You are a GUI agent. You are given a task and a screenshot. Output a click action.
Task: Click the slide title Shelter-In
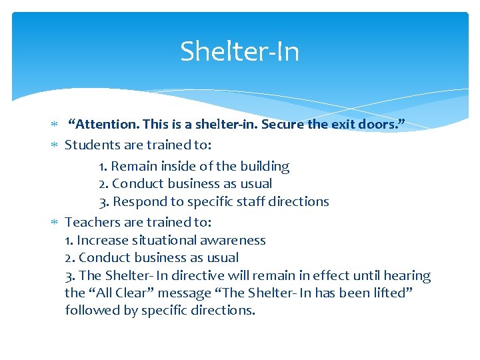(x=239, y=51)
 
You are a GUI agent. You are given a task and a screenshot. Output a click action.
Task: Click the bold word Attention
(x=103, y=123)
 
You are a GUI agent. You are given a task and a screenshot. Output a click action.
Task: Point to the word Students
(x=91, y=145)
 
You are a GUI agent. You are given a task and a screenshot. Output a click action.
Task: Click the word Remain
(x=133, y=167)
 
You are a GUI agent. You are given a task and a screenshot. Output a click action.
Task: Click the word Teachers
(x=91, y=222)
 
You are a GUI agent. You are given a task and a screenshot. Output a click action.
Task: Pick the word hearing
(x=407, y=275)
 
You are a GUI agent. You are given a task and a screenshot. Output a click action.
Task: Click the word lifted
(x=389, y=293)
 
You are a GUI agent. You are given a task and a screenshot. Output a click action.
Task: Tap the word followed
(x=90, y=310)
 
